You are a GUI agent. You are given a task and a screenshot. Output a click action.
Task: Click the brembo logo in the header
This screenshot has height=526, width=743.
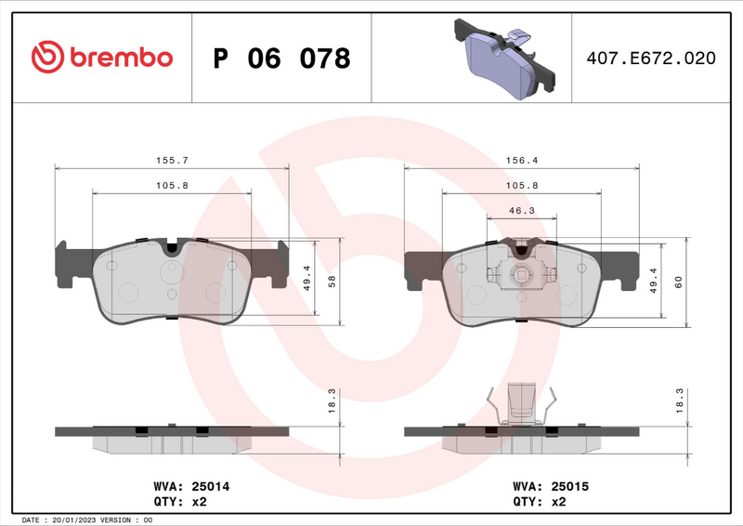click(102, 58)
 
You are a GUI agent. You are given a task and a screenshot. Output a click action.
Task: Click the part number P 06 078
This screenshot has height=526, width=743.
click(281, 59)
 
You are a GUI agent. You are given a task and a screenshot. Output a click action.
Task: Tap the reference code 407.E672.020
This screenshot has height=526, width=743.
click(650, 59)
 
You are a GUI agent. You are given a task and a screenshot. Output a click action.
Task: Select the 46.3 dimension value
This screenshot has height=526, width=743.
click(521, 211)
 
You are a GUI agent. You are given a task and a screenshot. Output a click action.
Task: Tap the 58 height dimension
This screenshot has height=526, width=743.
click(332, 283)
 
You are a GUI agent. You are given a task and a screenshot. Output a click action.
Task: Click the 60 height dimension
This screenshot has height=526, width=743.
click(678, 283)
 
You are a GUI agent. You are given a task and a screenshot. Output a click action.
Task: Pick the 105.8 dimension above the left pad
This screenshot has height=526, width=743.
click(173, 185)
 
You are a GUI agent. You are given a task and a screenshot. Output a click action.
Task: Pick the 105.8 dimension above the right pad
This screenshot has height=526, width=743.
click(521, 185)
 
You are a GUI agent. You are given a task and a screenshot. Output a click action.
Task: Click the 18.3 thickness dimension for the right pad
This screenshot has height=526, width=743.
click(679, 400)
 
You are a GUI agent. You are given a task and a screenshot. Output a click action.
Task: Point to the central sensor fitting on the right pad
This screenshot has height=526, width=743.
click(522, 273)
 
